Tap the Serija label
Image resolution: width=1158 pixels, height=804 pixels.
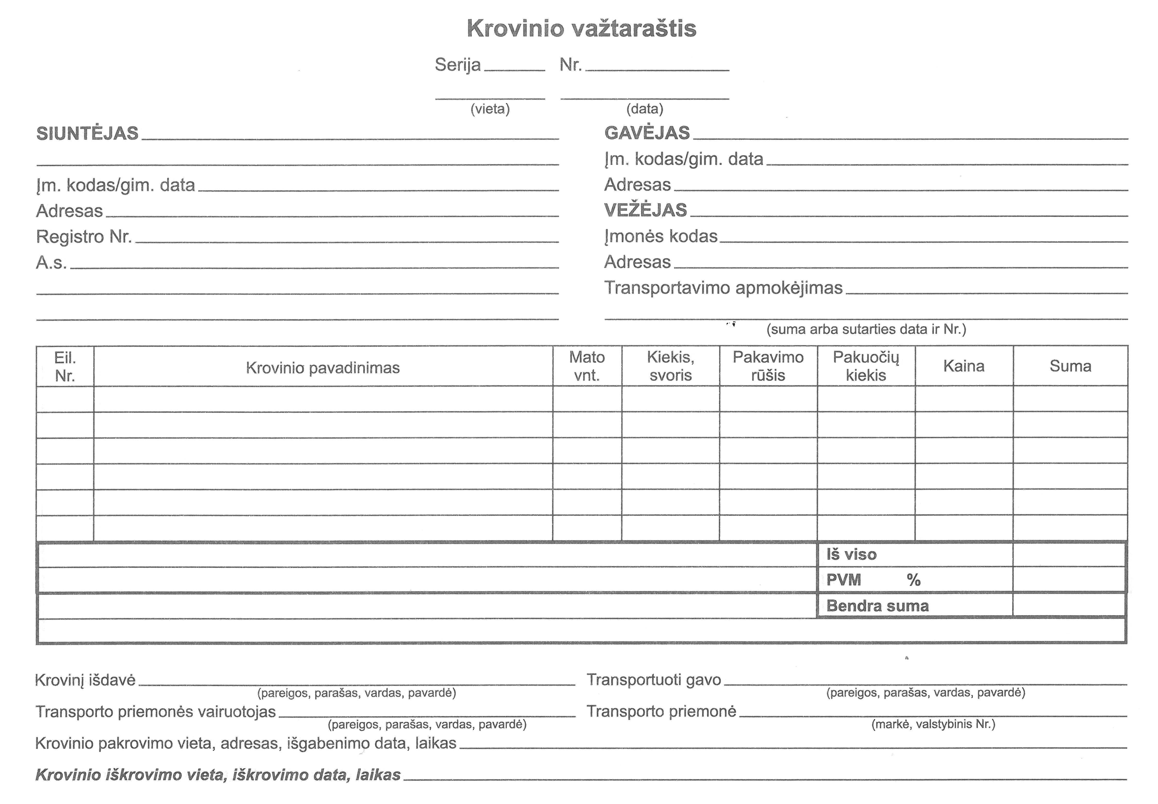457,65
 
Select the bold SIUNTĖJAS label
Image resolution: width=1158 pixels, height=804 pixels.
87,133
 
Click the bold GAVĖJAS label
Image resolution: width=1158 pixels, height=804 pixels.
647,133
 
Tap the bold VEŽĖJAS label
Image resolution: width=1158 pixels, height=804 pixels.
645,210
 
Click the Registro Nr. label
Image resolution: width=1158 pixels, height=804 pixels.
84,237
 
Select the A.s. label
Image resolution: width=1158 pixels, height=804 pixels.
51,263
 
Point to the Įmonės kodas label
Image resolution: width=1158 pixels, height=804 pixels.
660,236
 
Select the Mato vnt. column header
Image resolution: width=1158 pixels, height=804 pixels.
587,366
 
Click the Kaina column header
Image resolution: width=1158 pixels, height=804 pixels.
963,366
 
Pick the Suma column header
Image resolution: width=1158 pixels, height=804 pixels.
1070,366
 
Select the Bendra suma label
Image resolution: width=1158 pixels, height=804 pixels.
877,606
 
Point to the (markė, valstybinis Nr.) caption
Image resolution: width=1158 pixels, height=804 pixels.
933,724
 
